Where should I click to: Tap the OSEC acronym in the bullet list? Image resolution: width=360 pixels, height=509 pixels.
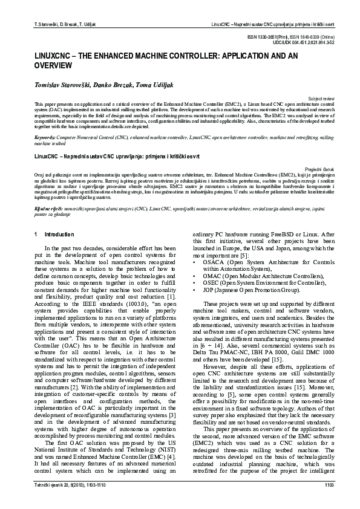(211, 282)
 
